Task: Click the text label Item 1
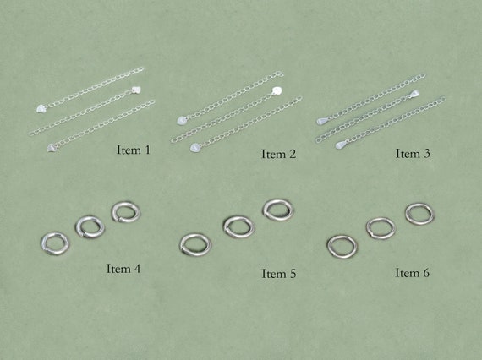[x=134, y=150]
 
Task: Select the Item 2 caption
[x=278, y=154]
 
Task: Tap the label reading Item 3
[x=413, y=154]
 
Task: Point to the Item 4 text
[x=123, y=269]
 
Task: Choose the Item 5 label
[x=278, y=273]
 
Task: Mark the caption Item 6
[x=413, y=273]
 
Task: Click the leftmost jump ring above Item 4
[x=55, y=243]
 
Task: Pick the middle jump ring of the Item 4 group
[x=90, y=226]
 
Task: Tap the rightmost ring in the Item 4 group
[x=125, y=211]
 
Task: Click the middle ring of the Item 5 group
[x=238, y=226]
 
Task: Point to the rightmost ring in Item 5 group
[x=277, y=209]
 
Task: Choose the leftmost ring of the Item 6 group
[x=342, y=245]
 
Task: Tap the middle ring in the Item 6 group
[x=381, y=228]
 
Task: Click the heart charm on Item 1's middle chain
[x=136, y=89]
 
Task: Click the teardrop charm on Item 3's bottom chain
[x=341, y=145]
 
